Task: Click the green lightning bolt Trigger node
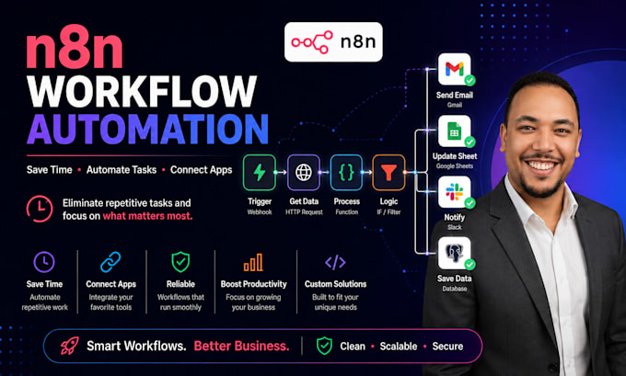[x=260, y=172]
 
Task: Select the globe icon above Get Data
[x=304, y=172]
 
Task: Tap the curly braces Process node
[x=346, y=172]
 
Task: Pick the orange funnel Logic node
[x=388, y=172]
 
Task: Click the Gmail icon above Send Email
[x=455, y=69]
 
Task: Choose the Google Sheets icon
[x=455, y=131]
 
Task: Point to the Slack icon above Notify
[x=455, y=192]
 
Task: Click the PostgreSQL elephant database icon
[x=455, y=253]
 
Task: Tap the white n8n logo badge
[x=333, y=42]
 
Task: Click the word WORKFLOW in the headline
[x=142, y=91]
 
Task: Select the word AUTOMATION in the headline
[x=147, y=129]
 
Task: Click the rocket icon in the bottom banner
[x=69, y=346]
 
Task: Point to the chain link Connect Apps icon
[x=110, y=262]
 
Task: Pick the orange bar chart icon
[x=253, y=262]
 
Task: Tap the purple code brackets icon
[x=335, y=262]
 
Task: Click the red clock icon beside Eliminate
[x=40, y=209]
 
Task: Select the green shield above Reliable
[x=180, y=262]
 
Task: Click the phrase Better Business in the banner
[x=241, y=346]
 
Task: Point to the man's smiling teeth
[x=541, y=165]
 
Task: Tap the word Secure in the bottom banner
[x=447, y=346]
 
